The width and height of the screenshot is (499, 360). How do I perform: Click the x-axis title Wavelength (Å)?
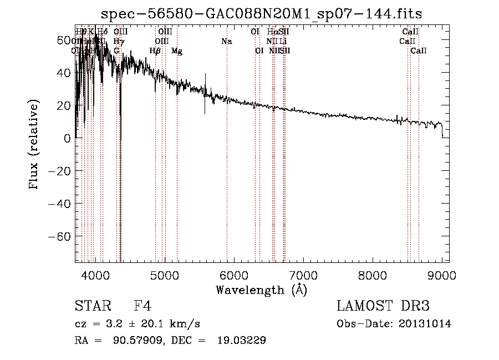[x=261, y=290]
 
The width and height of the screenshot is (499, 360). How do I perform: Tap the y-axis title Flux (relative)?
[x=35, y=145]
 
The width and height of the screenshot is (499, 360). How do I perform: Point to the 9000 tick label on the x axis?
[x=442, y=275]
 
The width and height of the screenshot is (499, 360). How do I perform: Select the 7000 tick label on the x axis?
[x=303, y=275]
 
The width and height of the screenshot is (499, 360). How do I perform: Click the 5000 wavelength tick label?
[x=165, y=275]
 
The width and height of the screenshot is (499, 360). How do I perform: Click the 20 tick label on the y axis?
[x=64, y=105]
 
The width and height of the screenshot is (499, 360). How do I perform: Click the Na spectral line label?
[x=226, y=42]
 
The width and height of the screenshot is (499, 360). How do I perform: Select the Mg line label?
[x=177, y=51]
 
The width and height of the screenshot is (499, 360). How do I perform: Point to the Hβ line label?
[x=155, y=51]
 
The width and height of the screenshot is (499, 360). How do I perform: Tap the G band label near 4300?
[x=116, y=51]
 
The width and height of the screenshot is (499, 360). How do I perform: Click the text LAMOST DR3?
[x=383, y=307]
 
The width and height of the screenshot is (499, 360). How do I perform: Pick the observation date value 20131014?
[x=426, y=324]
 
